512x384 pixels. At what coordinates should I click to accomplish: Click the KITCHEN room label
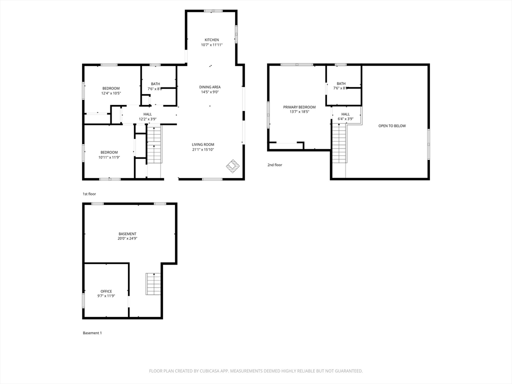pos(211,40)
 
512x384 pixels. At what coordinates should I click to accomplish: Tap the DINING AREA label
pos(210,87)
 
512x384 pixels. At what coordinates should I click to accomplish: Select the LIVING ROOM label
pos(203,144)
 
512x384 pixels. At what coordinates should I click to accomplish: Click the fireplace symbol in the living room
pos(233,166)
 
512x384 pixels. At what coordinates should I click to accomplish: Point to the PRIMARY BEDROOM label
pos(299,107)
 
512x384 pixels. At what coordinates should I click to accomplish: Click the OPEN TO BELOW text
pos(392,125)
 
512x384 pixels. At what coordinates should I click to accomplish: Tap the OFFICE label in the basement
pos(106,291)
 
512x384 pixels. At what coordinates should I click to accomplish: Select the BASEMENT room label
pos(127,234)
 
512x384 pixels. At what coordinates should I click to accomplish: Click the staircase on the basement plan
pos(153,284)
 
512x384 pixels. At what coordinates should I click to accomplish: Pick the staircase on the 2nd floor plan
pos(339,143)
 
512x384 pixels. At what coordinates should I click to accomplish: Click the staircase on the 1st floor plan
pos(154,144)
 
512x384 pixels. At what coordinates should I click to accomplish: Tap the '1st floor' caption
pos(89,194)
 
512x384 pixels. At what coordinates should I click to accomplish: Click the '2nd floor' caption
pos(274,165)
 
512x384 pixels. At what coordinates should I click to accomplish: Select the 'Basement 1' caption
pos(92,333)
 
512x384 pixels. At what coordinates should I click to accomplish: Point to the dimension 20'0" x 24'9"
pos(127,238)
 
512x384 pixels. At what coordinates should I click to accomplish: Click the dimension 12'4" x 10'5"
pos(111,93)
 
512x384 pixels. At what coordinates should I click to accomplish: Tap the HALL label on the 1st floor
pos(147,114)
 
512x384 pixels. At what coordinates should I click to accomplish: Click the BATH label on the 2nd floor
pos(341,83)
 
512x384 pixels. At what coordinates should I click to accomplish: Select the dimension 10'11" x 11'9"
pos(109,157)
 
